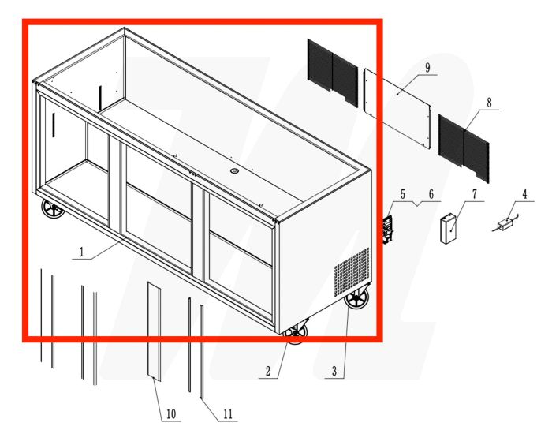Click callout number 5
(x=402, y=194)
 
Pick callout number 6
(x=431, y=194)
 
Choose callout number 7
(x=475, y=193)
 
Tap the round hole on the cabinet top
(x=234, y=170)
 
